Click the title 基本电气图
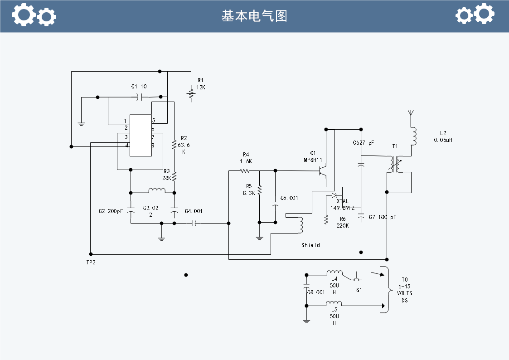pyautogui.click(x=254, y=16)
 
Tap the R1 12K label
pyautogui.click(x=201, y=84)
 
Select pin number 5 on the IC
pyautogui.click(x=154, y=120)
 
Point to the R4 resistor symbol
pyautogui.click(x=245, y=171)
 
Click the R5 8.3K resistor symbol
pyautogui.click(x=260, y=190)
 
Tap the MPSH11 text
pyautogui.click(x=313, y=160)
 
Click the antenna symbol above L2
pyautogui.click(x=411, y=113)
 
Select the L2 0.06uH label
pyautogui.click(x=443, y=136)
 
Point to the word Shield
pyautogui.click(x=310, y=245)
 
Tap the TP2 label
pyautogui.click(x=91, y=263)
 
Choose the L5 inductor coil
pyautogui.click(x=334, y=303)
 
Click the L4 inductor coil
pyautogui.click(x=334, y=272)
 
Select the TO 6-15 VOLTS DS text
pyautogui.click(x=405, y=290)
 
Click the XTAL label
pyautogui.click(x=343, y=201)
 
